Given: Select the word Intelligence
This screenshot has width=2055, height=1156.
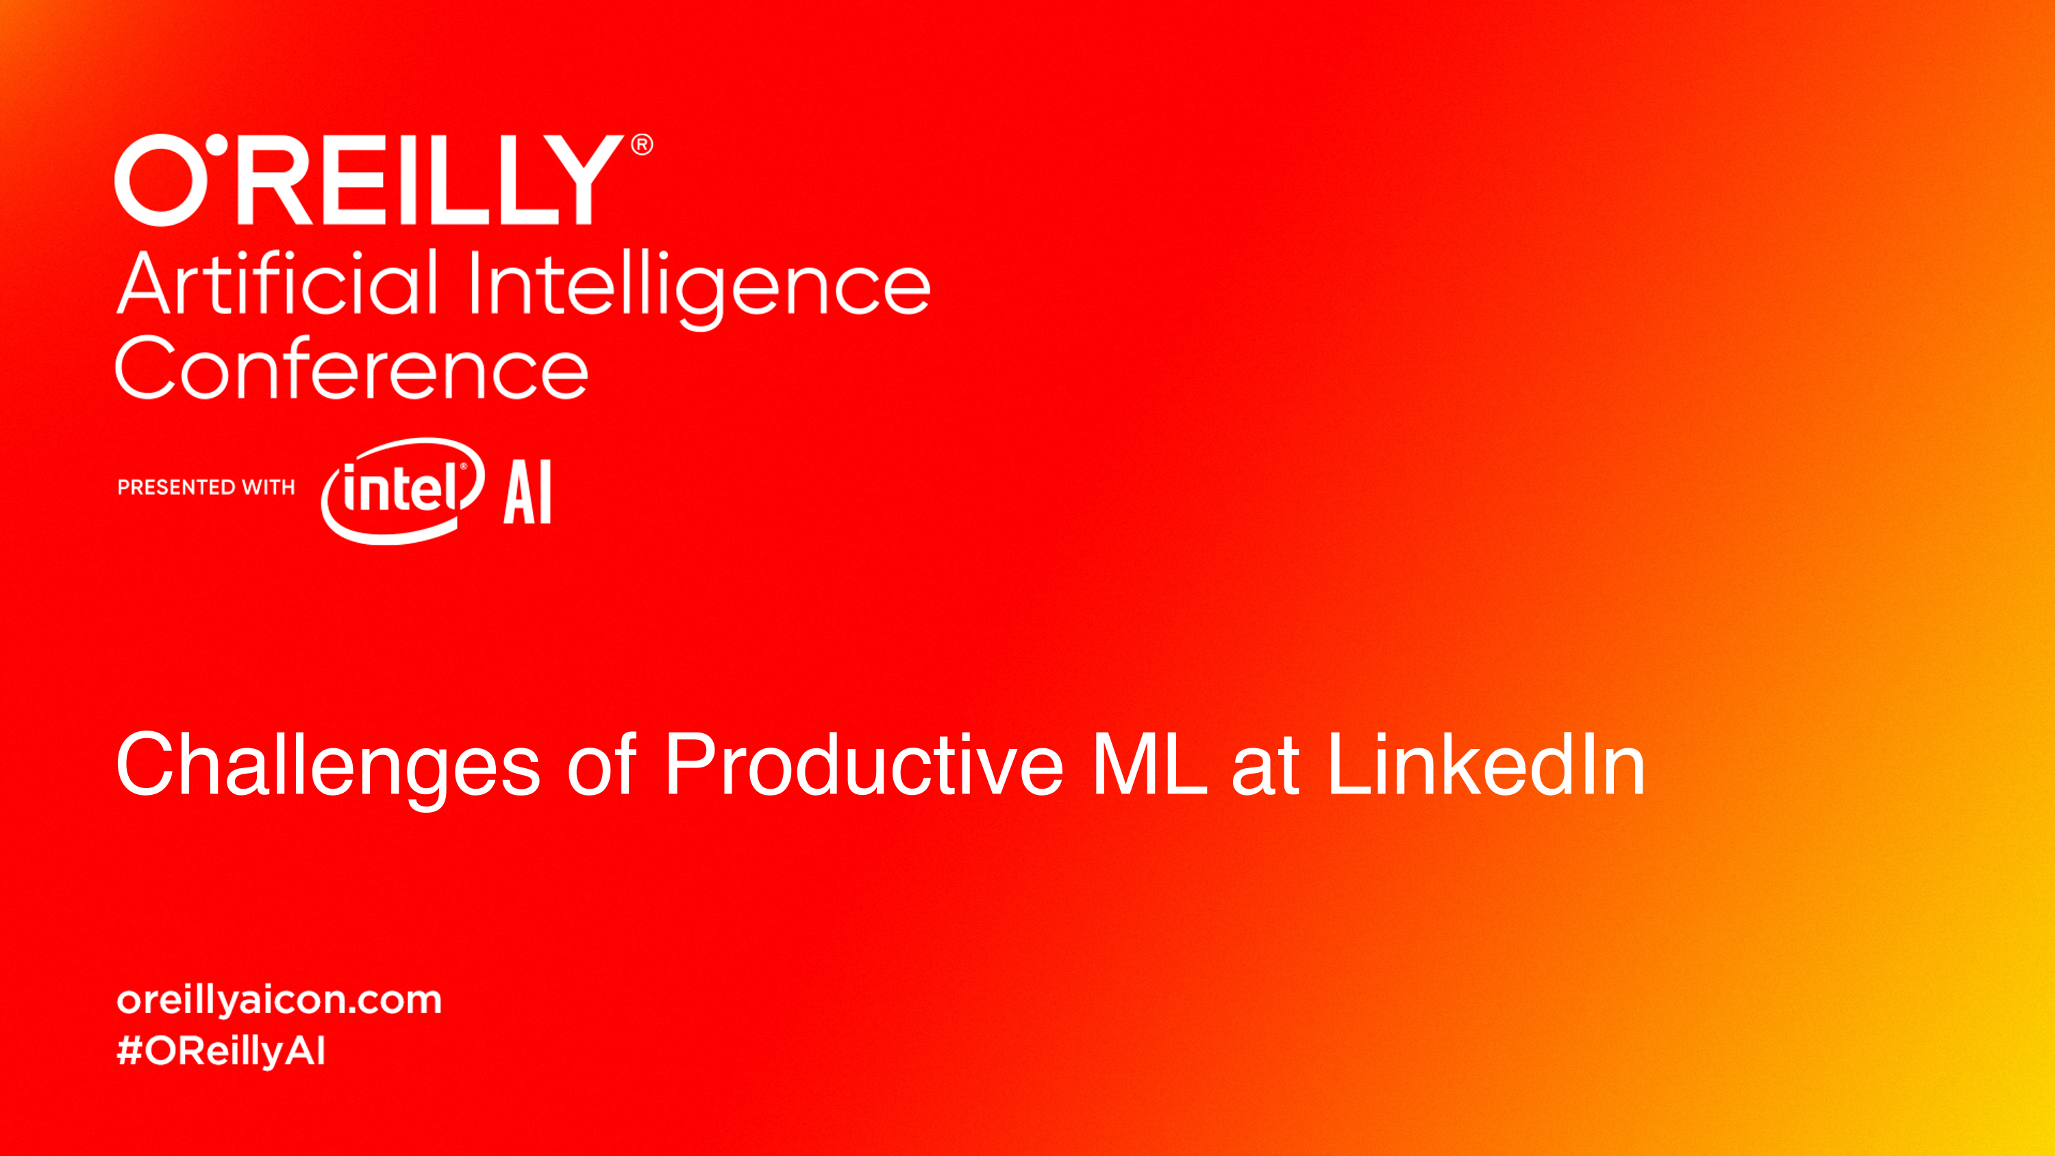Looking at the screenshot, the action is [x=699, y=288].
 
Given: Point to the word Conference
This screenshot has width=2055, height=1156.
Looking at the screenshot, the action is [x=352, y=367].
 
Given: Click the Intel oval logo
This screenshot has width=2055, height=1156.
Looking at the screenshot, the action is [x=402, y=491].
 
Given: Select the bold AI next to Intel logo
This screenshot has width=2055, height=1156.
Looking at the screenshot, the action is [x=527, y=491].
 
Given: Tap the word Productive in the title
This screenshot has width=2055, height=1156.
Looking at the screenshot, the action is [x=864, y=763].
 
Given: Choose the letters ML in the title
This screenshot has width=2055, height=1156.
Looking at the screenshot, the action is [x=1149, y=763].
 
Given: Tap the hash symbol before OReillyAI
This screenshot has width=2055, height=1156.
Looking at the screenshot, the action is [x=129, y=1050].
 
